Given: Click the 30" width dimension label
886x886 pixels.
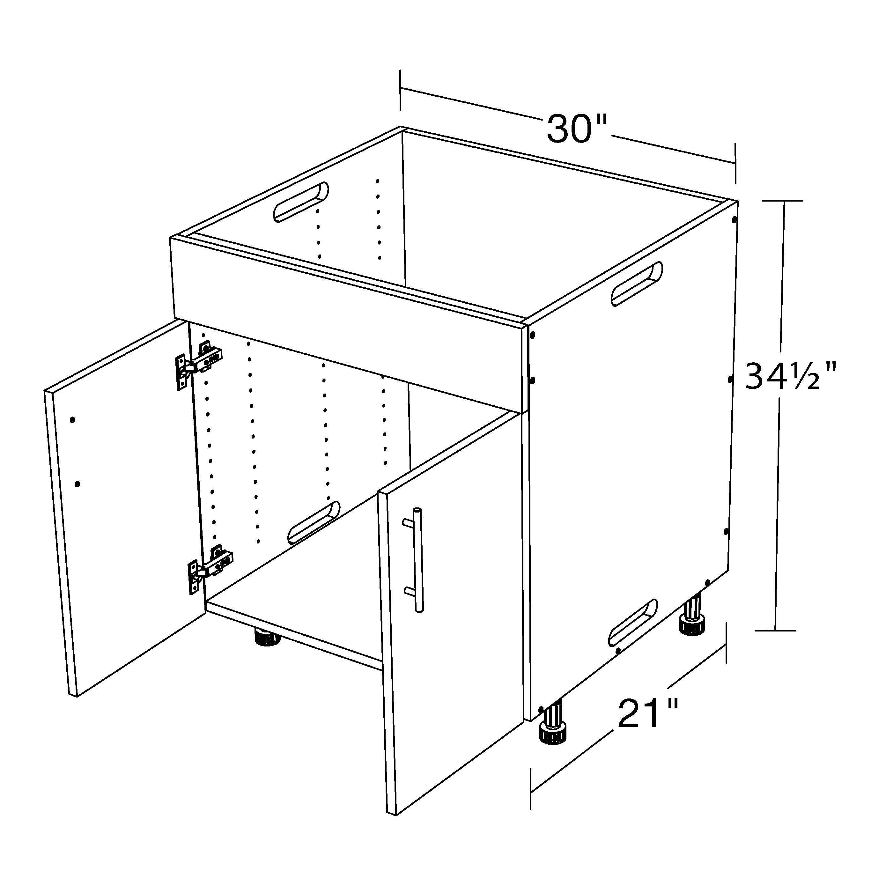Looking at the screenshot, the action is click(577, 129).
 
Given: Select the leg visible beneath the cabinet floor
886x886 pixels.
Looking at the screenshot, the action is click(267, 637).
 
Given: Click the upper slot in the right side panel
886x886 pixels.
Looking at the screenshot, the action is click(637, 284).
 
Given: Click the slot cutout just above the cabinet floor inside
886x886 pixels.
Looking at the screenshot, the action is click(314, 522).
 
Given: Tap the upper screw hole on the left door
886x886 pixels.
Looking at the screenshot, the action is click(72, 420).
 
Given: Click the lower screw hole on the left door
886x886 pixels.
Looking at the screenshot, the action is click(78, 484).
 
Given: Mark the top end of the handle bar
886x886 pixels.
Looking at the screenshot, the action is click(417, 510).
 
